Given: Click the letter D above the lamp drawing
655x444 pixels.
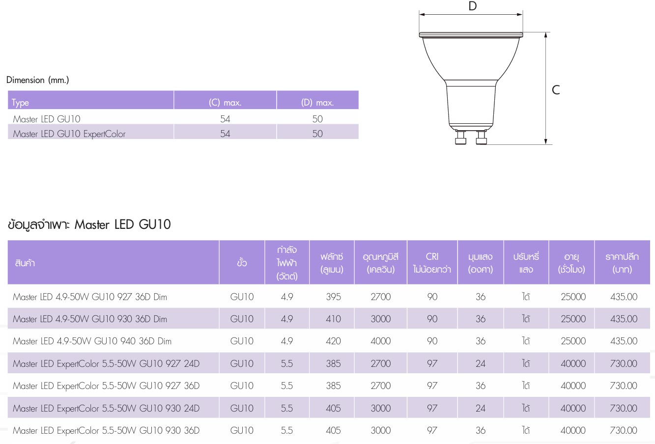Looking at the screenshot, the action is tap(473, 6).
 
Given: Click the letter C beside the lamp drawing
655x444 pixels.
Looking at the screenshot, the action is tap(556, 90).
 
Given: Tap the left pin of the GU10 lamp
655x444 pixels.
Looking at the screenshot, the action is tap(460, 138).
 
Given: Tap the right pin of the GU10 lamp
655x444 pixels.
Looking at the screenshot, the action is tap(482, 138).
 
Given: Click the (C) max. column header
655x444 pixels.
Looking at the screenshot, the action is tap(225, 103).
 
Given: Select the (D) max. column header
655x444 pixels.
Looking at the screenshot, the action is tap(317, 103).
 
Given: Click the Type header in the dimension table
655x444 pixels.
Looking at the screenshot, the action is tap(20, 103).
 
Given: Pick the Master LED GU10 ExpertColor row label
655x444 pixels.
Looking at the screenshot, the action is tap(69, 134).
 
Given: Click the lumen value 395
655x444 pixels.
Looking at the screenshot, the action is tap(333, 297).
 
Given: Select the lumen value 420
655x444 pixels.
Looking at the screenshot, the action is tap(333, 341).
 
